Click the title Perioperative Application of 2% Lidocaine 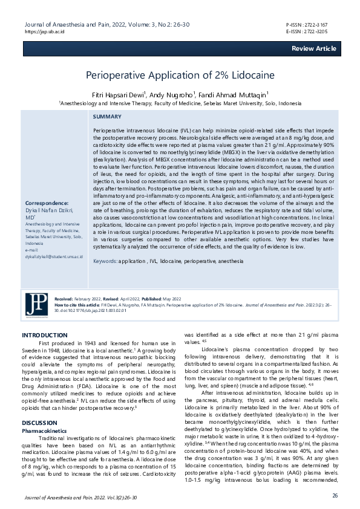coord(180,76)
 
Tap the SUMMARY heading coord(107,117)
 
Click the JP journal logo coord(37,303)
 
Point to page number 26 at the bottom coord(334,495)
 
